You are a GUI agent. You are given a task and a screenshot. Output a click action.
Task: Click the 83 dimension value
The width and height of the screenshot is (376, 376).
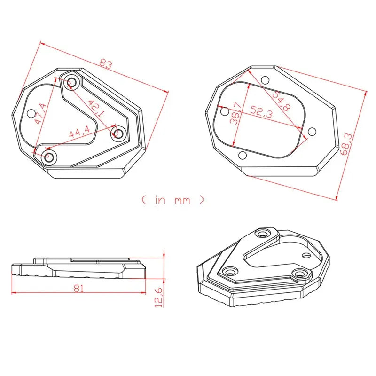coord(105,64)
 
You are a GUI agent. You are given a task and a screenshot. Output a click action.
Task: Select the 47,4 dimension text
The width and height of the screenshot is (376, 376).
coord(40,114)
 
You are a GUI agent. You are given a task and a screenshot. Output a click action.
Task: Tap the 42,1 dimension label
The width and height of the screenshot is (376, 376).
coord(96,109)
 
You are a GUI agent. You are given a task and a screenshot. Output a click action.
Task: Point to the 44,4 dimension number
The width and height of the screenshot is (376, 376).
coord(79,132)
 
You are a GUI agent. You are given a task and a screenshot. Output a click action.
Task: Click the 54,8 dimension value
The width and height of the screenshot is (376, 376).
coord(281,101)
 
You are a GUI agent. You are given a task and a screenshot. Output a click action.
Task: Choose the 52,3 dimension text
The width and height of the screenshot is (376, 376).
coord(262,112)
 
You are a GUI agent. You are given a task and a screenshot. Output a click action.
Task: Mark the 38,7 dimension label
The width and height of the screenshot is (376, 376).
coord(236,113)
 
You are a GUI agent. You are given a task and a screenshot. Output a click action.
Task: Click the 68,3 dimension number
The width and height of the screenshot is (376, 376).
coord(347,144)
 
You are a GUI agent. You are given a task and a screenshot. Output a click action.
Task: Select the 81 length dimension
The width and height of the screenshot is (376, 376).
coord(78,288)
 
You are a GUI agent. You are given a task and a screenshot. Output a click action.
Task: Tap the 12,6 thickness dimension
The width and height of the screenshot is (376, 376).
coord(159,298)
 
